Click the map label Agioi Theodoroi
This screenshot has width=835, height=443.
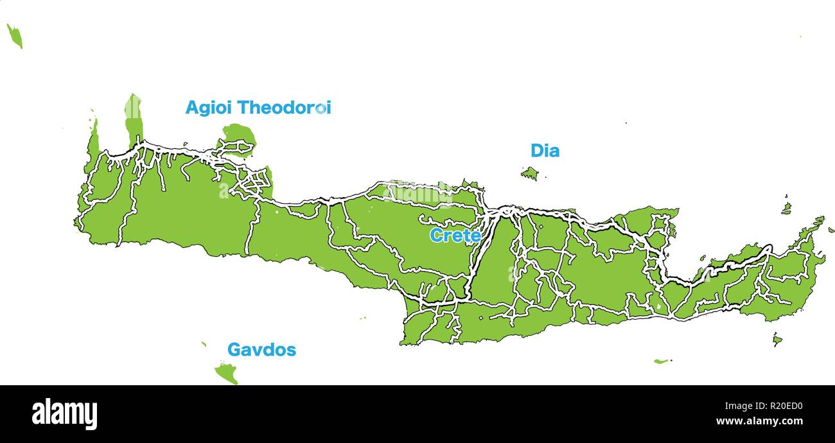[258, 108]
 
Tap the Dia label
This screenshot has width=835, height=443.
[545, 151]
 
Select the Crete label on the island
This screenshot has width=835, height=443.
[455, 236]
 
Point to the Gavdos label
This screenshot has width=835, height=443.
[261, 350]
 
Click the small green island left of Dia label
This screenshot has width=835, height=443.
[529, 173]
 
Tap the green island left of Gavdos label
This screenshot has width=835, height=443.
[227, 372]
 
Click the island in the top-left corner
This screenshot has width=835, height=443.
[15, 36]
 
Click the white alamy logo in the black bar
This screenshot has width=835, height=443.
[64, 414]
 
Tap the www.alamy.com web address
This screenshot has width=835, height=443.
[759, 422]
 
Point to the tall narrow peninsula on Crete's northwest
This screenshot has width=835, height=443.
[134, 119]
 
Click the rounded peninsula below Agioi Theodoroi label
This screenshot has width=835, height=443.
[239, 137]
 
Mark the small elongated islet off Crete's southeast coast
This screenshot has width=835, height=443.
[661, 361]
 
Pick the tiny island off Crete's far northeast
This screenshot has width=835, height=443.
[786, 207]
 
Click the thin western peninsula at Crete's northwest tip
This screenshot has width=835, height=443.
[94, 138]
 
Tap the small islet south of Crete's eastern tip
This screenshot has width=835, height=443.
[777, 339]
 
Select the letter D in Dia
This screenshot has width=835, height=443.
[536, 151]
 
